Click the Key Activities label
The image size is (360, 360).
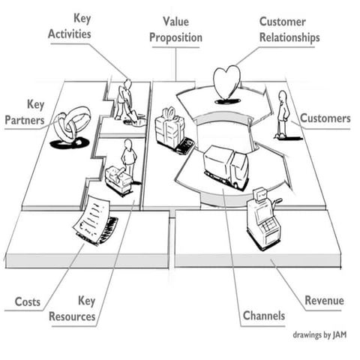tap(72, 25)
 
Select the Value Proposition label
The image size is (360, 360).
tap(175, 28)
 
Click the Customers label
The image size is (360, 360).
tap(325, 118)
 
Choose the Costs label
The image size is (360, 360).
tap(28, 302)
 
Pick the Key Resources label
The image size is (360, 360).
tap(73, 309)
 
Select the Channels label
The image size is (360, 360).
tap(263, 316)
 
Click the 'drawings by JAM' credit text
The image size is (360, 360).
tap(319, 335)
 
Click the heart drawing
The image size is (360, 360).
tap(226, 82)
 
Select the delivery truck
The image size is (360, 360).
tap(226, 167)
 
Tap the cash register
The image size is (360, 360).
tap(263, 218)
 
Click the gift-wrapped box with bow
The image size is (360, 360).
tap(169, 130)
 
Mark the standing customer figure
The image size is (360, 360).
tap(283, 115)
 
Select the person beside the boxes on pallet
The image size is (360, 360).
tap(129, 159)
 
